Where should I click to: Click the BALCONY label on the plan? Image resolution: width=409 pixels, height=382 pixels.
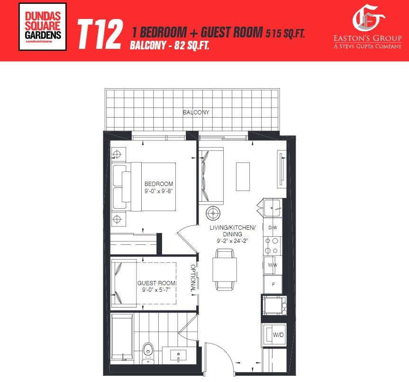(x=196, y=112)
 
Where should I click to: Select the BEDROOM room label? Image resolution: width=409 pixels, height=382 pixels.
(x=159, y=184)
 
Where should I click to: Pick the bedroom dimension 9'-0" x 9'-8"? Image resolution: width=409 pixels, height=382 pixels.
(x=159, y=191)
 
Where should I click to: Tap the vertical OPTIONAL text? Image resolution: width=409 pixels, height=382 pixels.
(x=193, y=278)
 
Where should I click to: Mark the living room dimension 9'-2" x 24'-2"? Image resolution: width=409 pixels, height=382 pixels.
(x=232, y=241)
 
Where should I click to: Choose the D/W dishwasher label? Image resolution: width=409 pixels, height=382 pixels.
(x=273, y=228)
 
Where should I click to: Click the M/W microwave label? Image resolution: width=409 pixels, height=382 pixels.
(x=273, y=265)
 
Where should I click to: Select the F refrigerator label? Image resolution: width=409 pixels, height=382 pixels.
(x=273, y=284)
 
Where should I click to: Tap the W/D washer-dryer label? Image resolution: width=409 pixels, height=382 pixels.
(x=278, y=335)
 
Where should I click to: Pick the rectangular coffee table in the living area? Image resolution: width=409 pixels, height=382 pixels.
(x=243, y=177)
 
